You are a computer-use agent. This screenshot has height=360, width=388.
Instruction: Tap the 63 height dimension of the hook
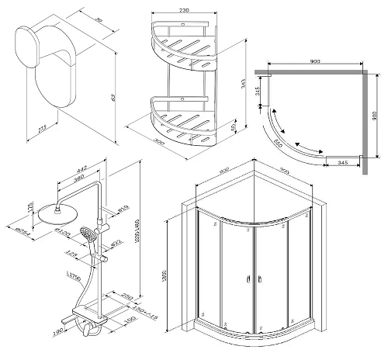113,98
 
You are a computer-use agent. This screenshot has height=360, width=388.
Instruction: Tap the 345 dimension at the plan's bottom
341,162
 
